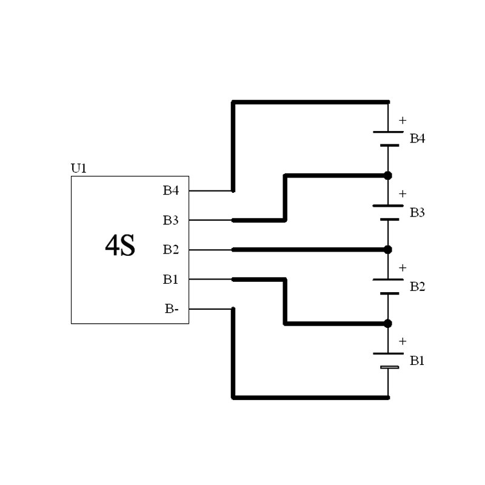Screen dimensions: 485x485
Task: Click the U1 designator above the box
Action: point(79,169)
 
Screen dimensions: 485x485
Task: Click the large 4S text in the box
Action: point(120,246)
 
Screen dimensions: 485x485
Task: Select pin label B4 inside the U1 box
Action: point(171,190)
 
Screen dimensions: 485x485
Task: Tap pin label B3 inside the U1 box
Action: point(171,220)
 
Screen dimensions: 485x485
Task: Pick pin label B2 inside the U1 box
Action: point(171,250)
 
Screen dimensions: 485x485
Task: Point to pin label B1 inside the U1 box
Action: point(170,279)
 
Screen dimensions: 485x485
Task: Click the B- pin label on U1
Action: point(172,309)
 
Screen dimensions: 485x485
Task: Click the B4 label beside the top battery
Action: point(417,139)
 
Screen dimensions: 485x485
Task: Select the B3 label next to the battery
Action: point(417,213)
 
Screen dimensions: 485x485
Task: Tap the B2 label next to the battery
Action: point(417,287)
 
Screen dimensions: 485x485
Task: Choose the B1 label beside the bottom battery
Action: point(417,361)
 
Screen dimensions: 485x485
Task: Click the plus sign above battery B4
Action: point(403,120)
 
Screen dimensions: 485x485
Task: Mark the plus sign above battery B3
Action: point(403,193)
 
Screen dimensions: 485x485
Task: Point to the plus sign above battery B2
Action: point(403,267)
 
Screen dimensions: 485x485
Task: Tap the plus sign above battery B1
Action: point(403,341)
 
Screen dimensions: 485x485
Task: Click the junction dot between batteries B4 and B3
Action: point(388,176)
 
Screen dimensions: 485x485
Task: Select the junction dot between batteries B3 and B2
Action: point(388,250)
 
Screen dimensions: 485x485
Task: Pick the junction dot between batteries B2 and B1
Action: point(388,324)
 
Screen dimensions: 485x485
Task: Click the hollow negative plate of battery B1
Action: point(389,367)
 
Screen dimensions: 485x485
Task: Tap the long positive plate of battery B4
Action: point(388,132)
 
